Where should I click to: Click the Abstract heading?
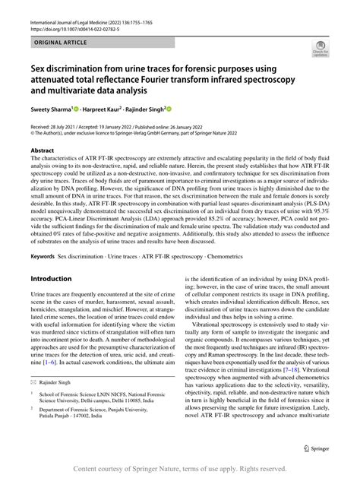click(x=43, y=151)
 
